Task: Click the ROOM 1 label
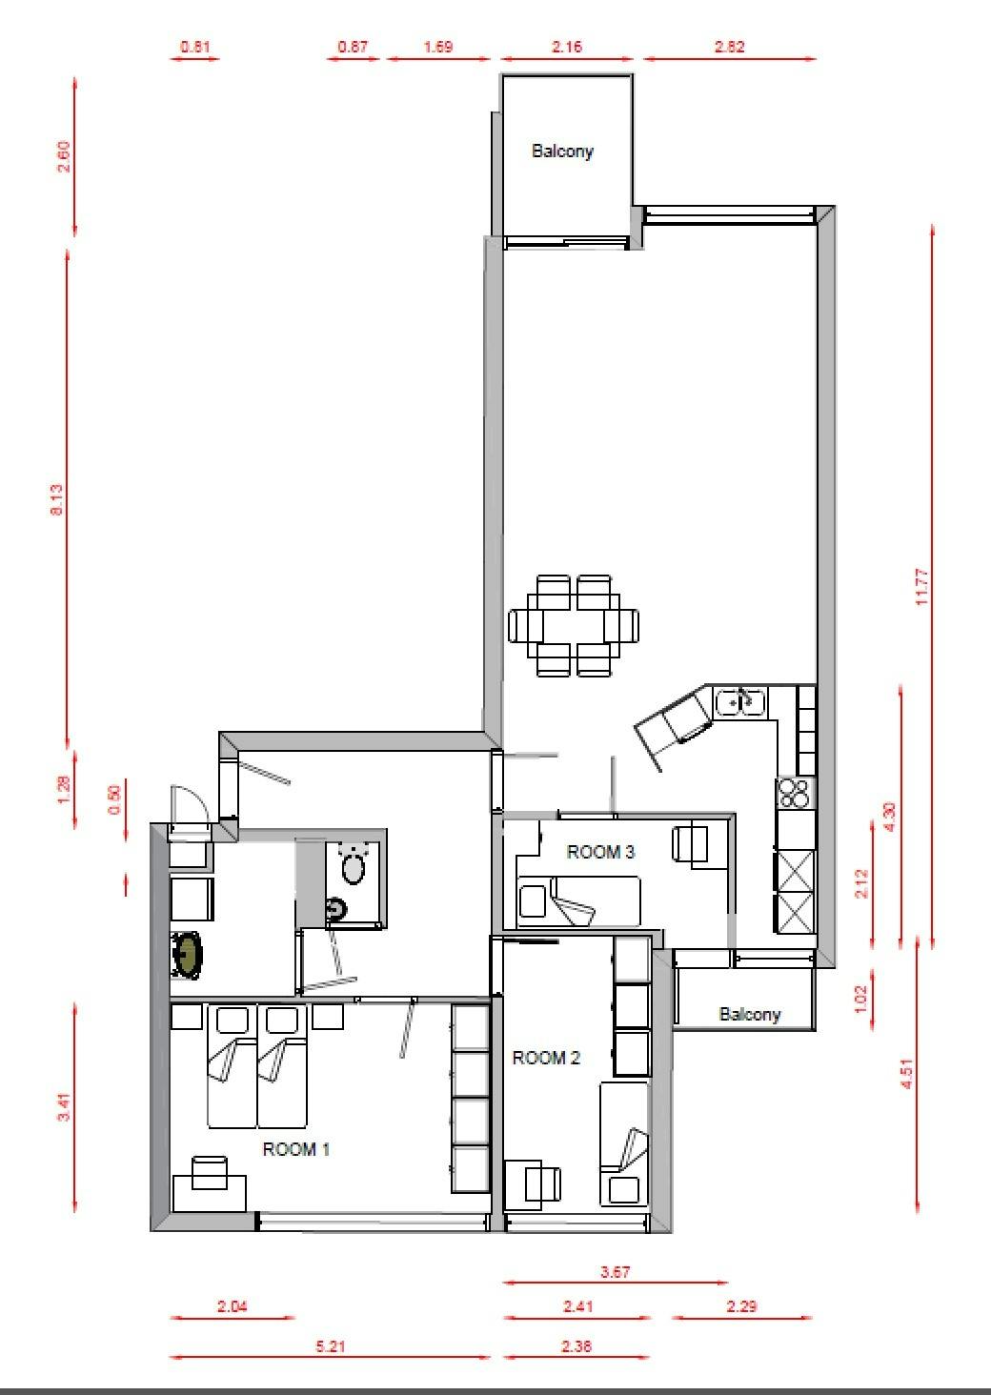pyautogui.click(x=295, y=1149)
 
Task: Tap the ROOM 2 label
pyautogui.click(x=546, y=1058)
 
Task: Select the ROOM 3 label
pyautogui.click(x=600, y=852)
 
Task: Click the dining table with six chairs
pyautogui.click(x=573, y=625)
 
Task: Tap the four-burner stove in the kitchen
pyautogui.click(x=796, y=793)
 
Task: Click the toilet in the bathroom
pyautogui.click(x=354, y=864)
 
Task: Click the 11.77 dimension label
pyautogui.click(x=922, y=587)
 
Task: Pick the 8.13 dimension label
pyautogui.click(x=56, y=499)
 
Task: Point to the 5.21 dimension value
pyautogui.click(x=330, y=1346)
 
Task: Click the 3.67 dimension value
pyautogui.click(x=615, y=1272)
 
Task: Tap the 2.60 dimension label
pyautogui.click(x=64, y=157)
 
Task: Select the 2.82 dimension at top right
pyautogui.click(x=729, y=46)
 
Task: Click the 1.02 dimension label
pyautogui.click(x=860, y=999)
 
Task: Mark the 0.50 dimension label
pyautogui.click(x=114, y=800)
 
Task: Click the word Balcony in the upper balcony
pyautogui.click(x=562, y=152)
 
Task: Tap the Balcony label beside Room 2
pyautogui.click(x=750, y=1015)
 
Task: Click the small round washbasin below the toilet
pyautogui.click(x=335, y=909)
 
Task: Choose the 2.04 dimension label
pyautogui.click(x=233, y=1306)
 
